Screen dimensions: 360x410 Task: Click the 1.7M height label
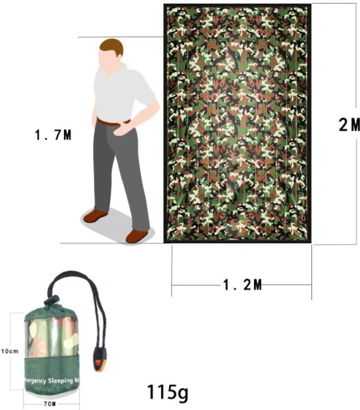(53, 135)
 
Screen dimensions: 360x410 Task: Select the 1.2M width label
(242, 285)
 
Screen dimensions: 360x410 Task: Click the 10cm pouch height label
(10, 351)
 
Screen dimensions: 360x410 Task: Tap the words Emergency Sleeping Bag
(52, 380)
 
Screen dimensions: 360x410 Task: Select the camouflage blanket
(238, 123)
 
